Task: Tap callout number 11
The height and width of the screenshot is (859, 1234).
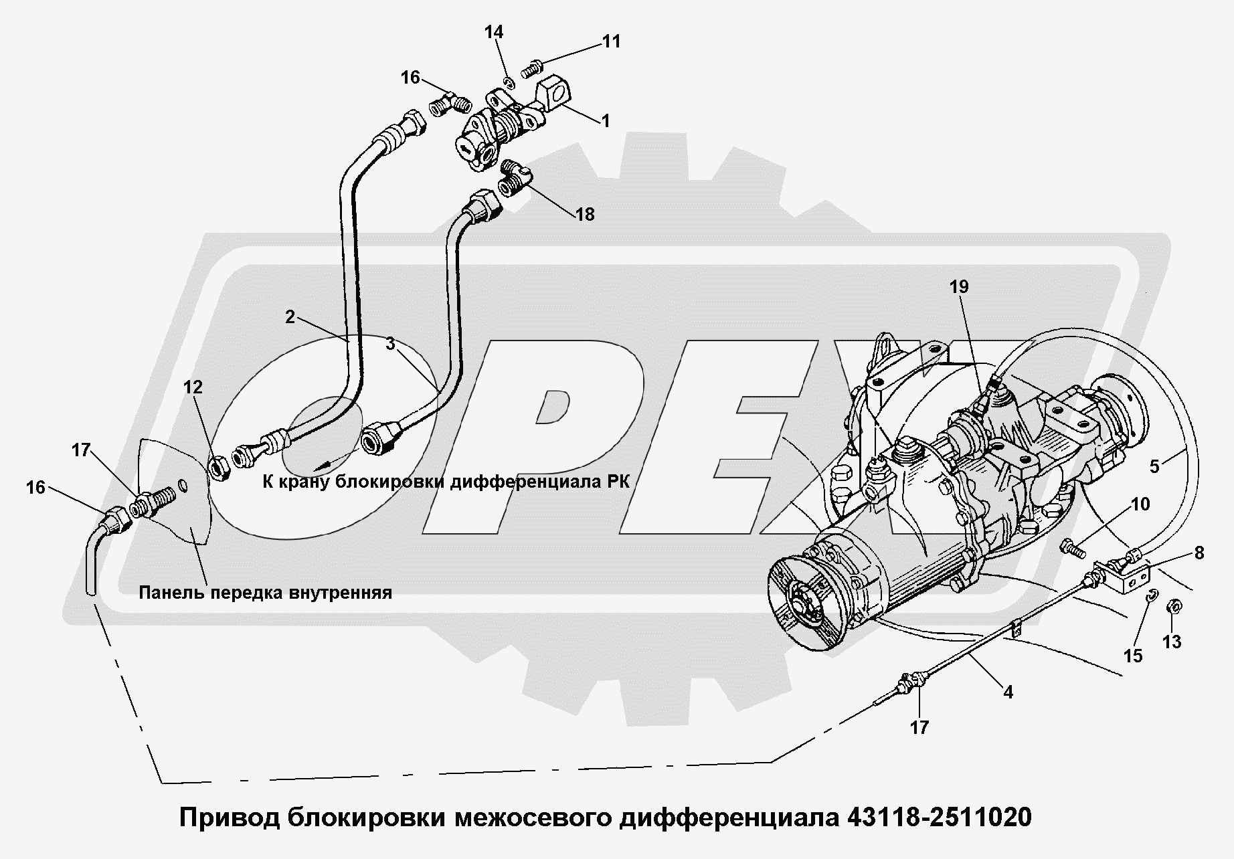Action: point(611,41)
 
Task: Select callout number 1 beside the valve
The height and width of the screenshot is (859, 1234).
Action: point(606,121)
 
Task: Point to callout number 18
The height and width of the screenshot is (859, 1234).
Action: point(584,214)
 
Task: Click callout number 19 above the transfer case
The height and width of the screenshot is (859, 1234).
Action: point(959,287)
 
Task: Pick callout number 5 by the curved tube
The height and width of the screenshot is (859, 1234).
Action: point(1154,466)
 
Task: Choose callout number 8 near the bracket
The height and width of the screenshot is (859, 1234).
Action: point(1199,553)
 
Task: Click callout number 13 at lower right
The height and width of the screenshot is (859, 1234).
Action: point(1172,642)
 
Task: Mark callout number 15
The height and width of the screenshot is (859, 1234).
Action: point(1133,656)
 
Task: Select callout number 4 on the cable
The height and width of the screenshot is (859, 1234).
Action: point(1008,692)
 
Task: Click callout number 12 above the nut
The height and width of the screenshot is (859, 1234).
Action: point(193,387)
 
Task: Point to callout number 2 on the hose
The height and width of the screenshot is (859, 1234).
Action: point(290,316)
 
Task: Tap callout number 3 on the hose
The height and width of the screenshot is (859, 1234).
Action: point(390,345)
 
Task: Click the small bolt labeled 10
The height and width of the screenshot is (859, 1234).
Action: point(1071,549)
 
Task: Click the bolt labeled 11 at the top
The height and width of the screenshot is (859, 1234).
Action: point(533,68)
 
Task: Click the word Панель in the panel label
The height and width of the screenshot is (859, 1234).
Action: point(170,593)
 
